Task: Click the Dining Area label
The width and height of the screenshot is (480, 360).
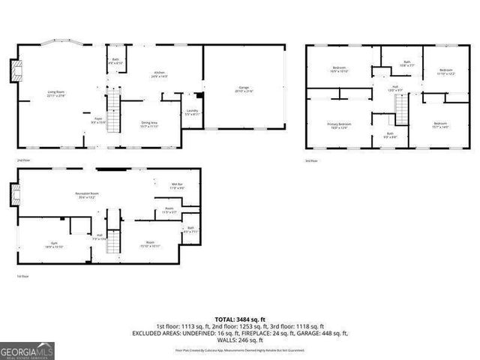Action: click(x=149, y=124)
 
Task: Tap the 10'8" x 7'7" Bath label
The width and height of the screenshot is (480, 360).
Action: click(x=407, y=64)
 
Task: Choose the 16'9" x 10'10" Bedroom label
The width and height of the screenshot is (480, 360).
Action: click(x=338, y=71)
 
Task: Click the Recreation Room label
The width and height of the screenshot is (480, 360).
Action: click(x=88, y=196)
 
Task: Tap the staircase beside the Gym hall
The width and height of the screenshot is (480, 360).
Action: click(x=113, y=240)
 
